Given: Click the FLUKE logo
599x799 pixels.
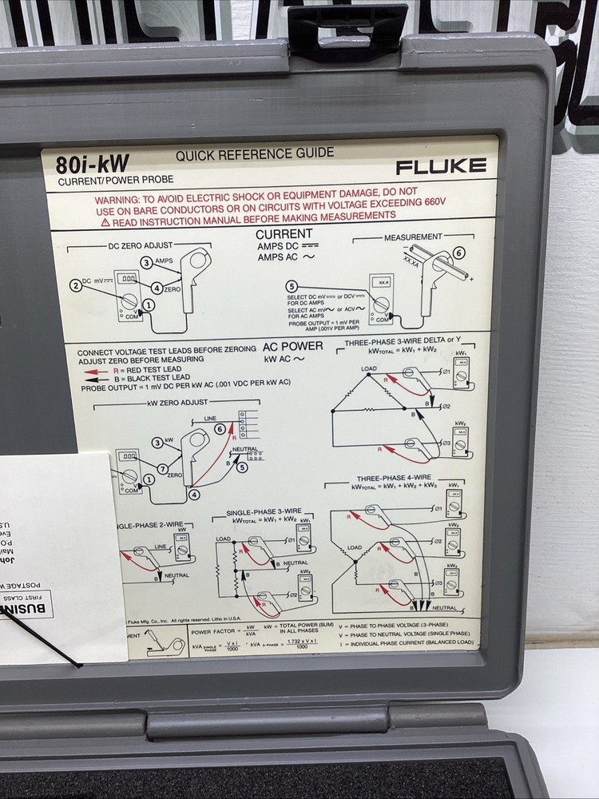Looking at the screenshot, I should pyautogui.click(x=440, y=166).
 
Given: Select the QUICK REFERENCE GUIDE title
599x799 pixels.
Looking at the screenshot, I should pyautogui.click(x=255, y=153).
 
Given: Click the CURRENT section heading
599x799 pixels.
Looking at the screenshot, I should pyautogui.click(x=284, y=234).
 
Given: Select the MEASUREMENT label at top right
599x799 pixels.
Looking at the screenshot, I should pyautogui.click(x=413, y=237).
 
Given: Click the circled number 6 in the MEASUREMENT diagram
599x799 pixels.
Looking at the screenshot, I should pyautogui.click(x=458, y=253).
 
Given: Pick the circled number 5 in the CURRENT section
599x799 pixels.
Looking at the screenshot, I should pyautogui.click(x=292, y=287).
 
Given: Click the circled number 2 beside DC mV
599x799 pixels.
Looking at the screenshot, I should pyautogui.click(x=76, y=284).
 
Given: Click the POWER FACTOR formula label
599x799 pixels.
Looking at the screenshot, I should pyautogui.click(x=212, y=631).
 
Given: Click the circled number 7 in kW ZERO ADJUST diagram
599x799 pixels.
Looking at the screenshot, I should pyautogui.click(x=162, y=468).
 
